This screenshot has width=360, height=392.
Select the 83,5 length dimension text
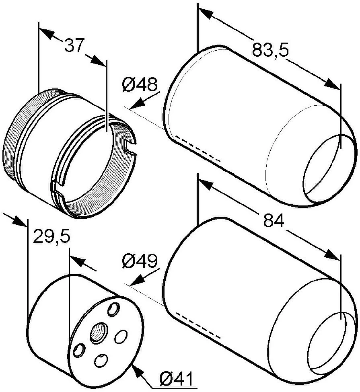click(x=270, y=49)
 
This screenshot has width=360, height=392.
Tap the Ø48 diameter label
click(x=140, y=84)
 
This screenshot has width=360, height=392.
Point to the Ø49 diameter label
click(x=140, y=261)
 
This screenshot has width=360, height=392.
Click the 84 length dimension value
click(x=274, y=221)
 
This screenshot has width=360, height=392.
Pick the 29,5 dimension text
click(x=51, y=236)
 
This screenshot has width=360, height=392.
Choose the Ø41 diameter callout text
click(x=176, y=379)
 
